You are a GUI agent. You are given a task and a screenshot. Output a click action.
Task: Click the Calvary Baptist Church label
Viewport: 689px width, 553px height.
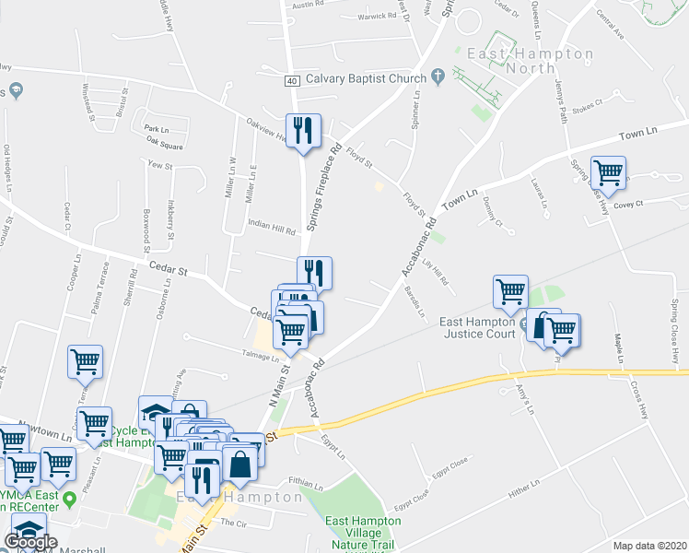[366, 78]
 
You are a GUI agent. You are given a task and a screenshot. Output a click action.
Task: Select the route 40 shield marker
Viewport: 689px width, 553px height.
[292, 80]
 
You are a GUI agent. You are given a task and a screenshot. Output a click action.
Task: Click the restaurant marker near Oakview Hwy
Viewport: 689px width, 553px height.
[303, 131]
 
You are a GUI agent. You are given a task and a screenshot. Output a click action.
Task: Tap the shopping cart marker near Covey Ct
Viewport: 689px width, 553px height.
[608, 172]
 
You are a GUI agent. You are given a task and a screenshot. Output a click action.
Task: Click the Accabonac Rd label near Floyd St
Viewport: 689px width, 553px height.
[418, 245]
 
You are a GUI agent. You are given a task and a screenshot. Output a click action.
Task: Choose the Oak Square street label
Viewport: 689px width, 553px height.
[164, 141]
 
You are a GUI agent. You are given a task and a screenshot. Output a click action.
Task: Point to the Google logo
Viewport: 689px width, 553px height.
[31, 542]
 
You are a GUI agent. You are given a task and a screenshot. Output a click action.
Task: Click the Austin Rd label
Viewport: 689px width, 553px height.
[309, 6]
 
